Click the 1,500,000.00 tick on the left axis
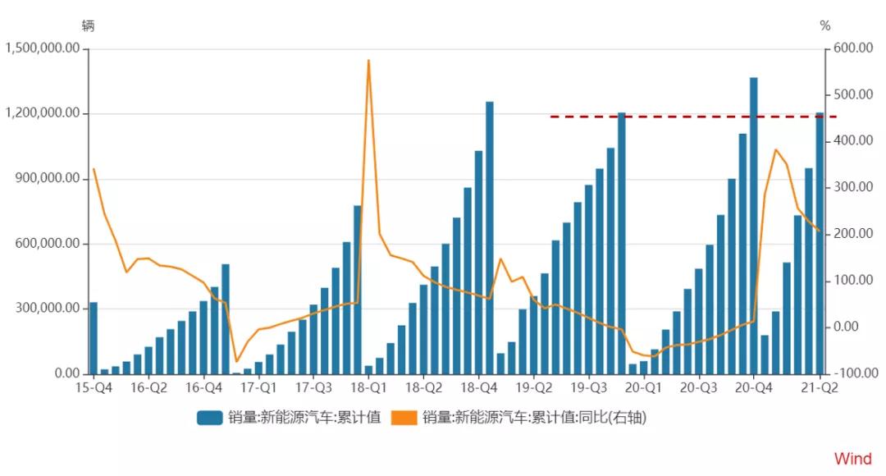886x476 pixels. tap(42, 48)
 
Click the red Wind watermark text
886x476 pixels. tap(853, 459)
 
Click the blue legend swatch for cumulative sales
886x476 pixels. tap(210, 418)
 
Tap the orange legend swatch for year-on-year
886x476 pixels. tap(406, 418)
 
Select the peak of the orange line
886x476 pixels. tap(368, 61)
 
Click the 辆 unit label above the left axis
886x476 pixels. tap(88, 25)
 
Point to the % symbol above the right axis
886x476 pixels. tap(824, 26)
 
